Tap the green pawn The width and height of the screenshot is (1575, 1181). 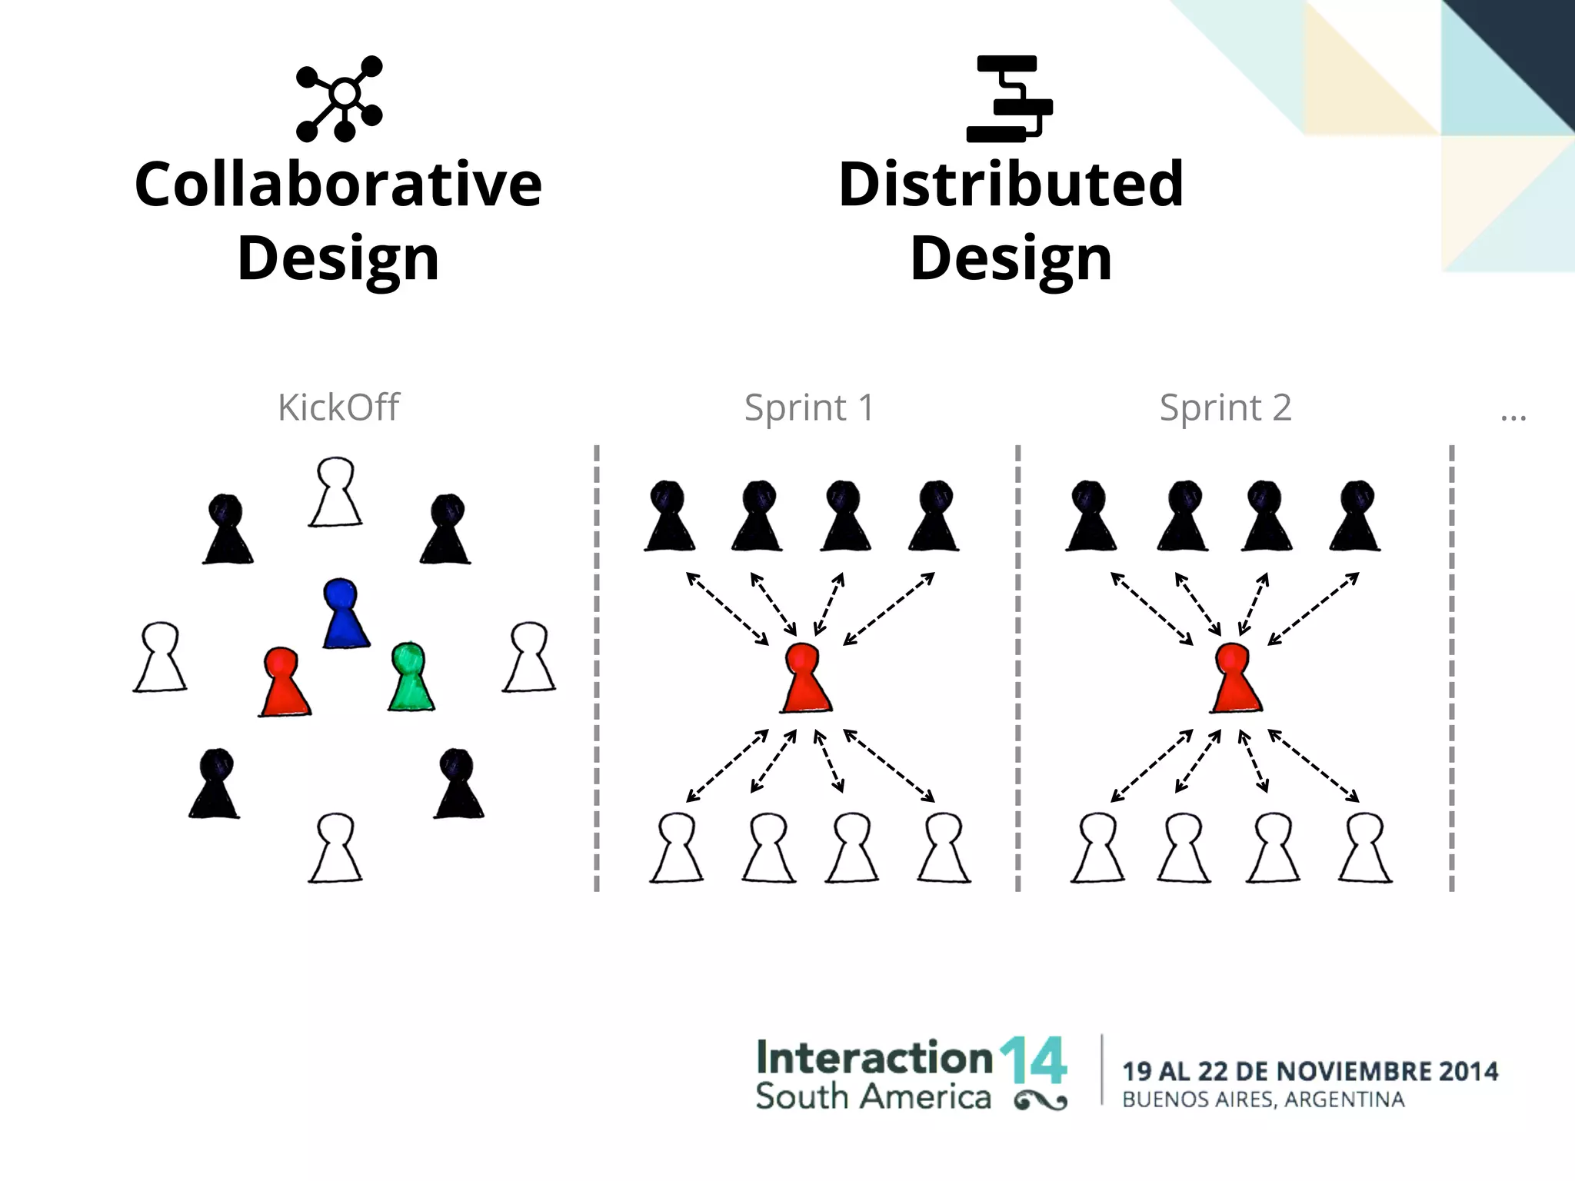pos(411,680)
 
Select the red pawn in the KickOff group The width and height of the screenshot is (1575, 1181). pos(284,684)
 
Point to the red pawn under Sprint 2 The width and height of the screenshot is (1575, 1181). pos(1235,680)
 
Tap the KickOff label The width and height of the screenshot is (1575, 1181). pos(338,408)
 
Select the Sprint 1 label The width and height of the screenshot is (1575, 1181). pos(809,408)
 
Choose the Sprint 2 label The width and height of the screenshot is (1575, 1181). pos(1225,408)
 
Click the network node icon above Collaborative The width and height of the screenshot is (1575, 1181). pos(339,98)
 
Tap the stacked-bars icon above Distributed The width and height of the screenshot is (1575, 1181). pos(1009,98)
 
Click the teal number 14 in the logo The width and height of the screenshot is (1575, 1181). pos(1033,1061)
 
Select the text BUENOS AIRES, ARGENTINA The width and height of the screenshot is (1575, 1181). pos(1263,1099)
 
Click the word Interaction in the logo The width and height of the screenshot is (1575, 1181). pos(874,1058)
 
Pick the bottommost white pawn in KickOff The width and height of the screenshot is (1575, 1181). pos(335,849)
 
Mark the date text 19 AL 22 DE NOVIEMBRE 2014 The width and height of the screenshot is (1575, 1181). pos(1310,1070)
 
